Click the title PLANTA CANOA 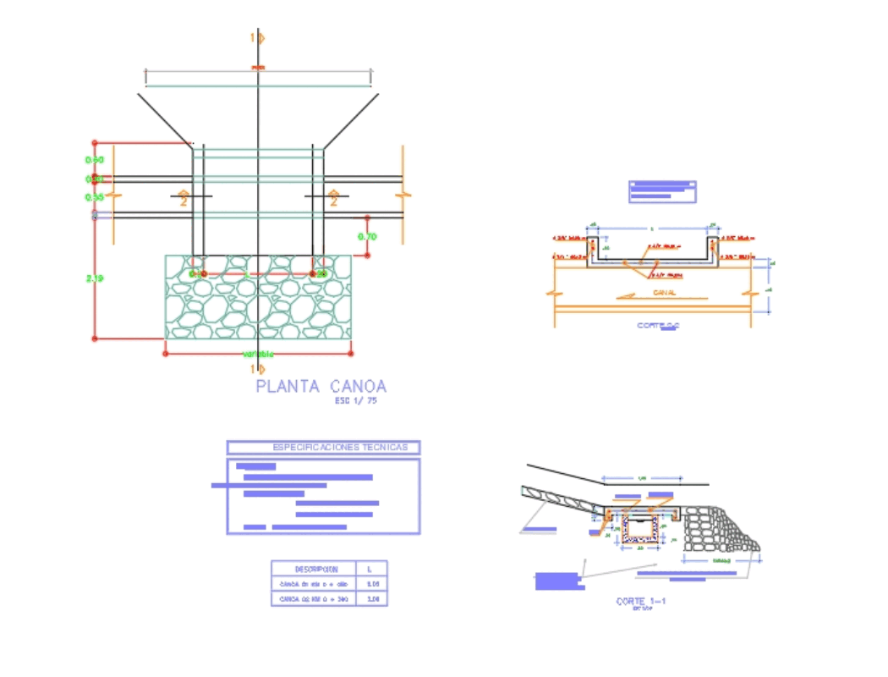coord(321,387)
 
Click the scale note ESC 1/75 coord(356,401)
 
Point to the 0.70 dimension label coord(367,237)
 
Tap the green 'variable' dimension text coord(259,354)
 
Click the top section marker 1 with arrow coord(257,38)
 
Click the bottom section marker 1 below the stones coord(257,369)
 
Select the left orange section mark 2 coord(184,199)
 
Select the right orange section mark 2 coord(333,199)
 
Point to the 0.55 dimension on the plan coord(94,197)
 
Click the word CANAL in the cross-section coord(664,293)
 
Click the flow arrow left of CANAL coord(628,296)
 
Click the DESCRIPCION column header coord(314,569)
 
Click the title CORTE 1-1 coord(641,602)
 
